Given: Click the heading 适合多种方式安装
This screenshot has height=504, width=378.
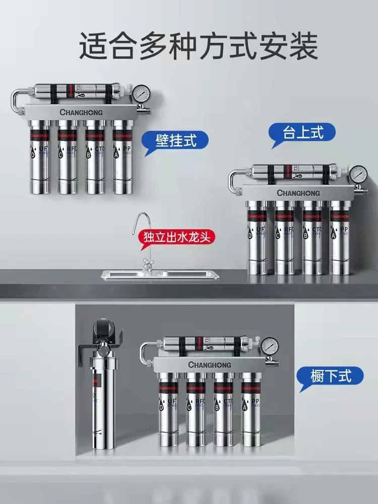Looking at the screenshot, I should (x=198, y=46).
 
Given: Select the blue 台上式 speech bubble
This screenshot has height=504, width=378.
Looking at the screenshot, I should (x=296, y=133).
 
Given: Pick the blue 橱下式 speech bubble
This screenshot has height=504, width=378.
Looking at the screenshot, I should (x=330, y=375).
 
